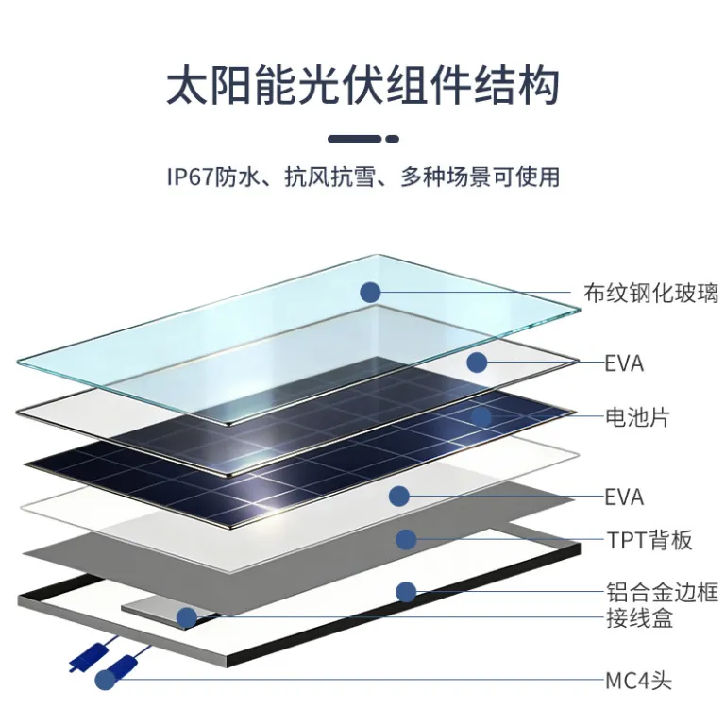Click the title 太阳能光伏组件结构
click(362, 85)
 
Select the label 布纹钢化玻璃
click(651, 293)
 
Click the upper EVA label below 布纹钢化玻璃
click(624, 363)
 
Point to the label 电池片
click(637, 417)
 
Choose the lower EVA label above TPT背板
click(624, 497)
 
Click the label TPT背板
click(649, 540)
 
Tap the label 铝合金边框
click(663, 592)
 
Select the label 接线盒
click(639, 618)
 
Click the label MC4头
click(638, 681)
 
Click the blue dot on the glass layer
click(370, 293)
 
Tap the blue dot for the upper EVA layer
click(477, 362)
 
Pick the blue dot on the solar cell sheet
click(481, 417)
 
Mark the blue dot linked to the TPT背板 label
click(407, 539)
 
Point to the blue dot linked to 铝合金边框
click(407, 592)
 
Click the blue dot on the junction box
click(187, 617)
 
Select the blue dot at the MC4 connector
click(106, 680)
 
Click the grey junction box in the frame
click(166, 611)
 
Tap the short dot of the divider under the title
click(392, 139)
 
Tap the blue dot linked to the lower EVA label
click(399, 497)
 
